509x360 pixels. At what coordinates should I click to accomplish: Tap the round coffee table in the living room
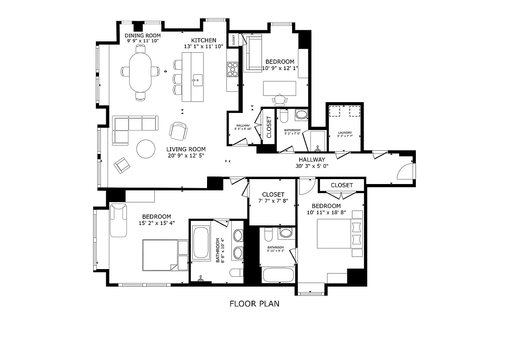(x=146, y=149)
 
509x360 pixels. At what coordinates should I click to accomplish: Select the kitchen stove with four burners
(x=232, y=70)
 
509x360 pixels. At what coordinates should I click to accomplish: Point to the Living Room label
(x=186, y=149)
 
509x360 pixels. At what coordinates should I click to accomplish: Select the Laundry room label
(x=345, y=133)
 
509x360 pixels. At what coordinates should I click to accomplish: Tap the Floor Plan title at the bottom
(x=254, y=304)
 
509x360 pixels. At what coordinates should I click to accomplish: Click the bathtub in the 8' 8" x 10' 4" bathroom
(x=201, y=243)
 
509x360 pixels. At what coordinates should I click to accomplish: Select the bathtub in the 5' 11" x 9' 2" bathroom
(x=277, y=275)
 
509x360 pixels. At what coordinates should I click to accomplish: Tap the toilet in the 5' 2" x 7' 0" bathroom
(x=284, y=116)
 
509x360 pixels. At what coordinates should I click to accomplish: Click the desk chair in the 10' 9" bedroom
(x=281, y=99)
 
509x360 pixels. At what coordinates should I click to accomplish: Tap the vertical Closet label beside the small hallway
(x=269, y=127)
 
